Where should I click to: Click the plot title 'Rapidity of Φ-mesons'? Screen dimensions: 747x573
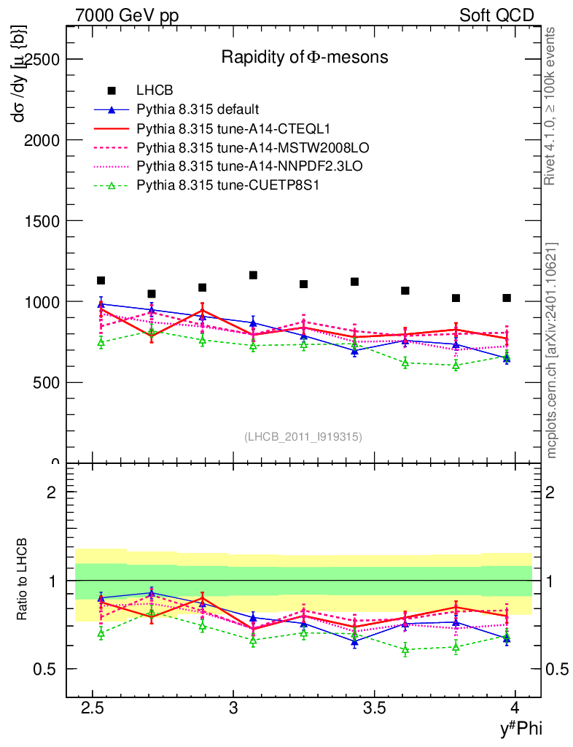click(305, 57)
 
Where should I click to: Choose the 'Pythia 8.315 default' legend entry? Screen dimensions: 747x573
click(198, 110)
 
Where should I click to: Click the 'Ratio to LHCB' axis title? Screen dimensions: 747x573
click(24, 580)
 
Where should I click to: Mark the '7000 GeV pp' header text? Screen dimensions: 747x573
click(127, 15)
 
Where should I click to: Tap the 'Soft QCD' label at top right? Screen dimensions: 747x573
click(496, 15)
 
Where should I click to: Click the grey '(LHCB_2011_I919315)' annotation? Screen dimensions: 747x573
click(303, 436)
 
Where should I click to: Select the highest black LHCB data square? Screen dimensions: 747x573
click(253, 275)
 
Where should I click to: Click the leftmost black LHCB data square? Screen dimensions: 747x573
click(101, 280)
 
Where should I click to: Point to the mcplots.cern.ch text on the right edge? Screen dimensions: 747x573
click(553, 351)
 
